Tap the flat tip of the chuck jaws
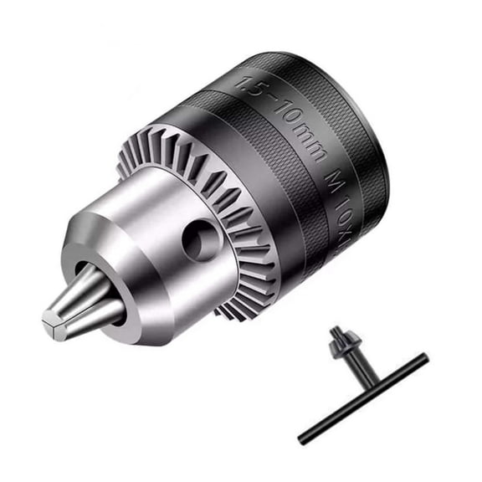(52, 322)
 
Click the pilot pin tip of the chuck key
(335, 330)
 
